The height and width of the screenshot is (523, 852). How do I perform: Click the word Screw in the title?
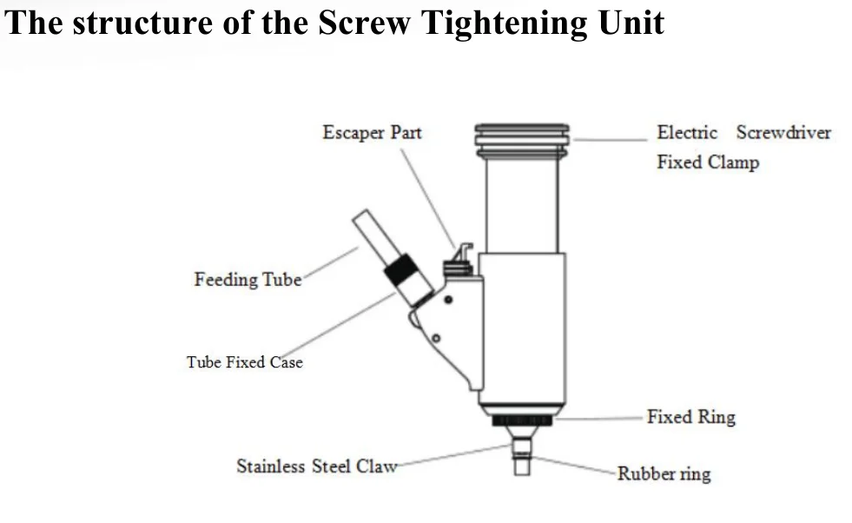(364, 23)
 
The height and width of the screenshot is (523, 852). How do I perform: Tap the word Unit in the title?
(631, 23)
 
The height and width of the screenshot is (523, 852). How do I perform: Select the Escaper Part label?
(372, 133)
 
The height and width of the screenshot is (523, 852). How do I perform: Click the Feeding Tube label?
(248, 280)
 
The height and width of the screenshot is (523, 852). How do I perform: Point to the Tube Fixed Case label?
(245, 362)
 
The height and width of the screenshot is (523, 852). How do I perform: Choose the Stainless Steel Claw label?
(317, 467)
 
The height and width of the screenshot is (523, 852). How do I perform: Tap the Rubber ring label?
(664, 473)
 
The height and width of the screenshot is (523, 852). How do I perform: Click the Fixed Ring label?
(690, 417)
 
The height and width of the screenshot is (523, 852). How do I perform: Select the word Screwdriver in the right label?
(783, 133)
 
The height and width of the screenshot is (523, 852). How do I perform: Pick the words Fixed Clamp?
(708, 162)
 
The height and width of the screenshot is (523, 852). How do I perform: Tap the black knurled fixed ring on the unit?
(522, 420)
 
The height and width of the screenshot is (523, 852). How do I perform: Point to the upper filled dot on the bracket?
(448, 300)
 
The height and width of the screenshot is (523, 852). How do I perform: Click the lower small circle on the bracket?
(436, 338)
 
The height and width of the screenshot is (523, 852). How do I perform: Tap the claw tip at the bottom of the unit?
(522, 467)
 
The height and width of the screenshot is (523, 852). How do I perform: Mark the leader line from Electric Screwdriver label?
(611, 140)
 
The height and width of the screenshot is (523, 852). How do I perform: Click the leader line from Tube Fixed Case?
(337, 326)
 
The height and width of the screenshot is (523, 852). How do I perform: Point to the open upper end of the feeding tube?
(360, 215)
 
